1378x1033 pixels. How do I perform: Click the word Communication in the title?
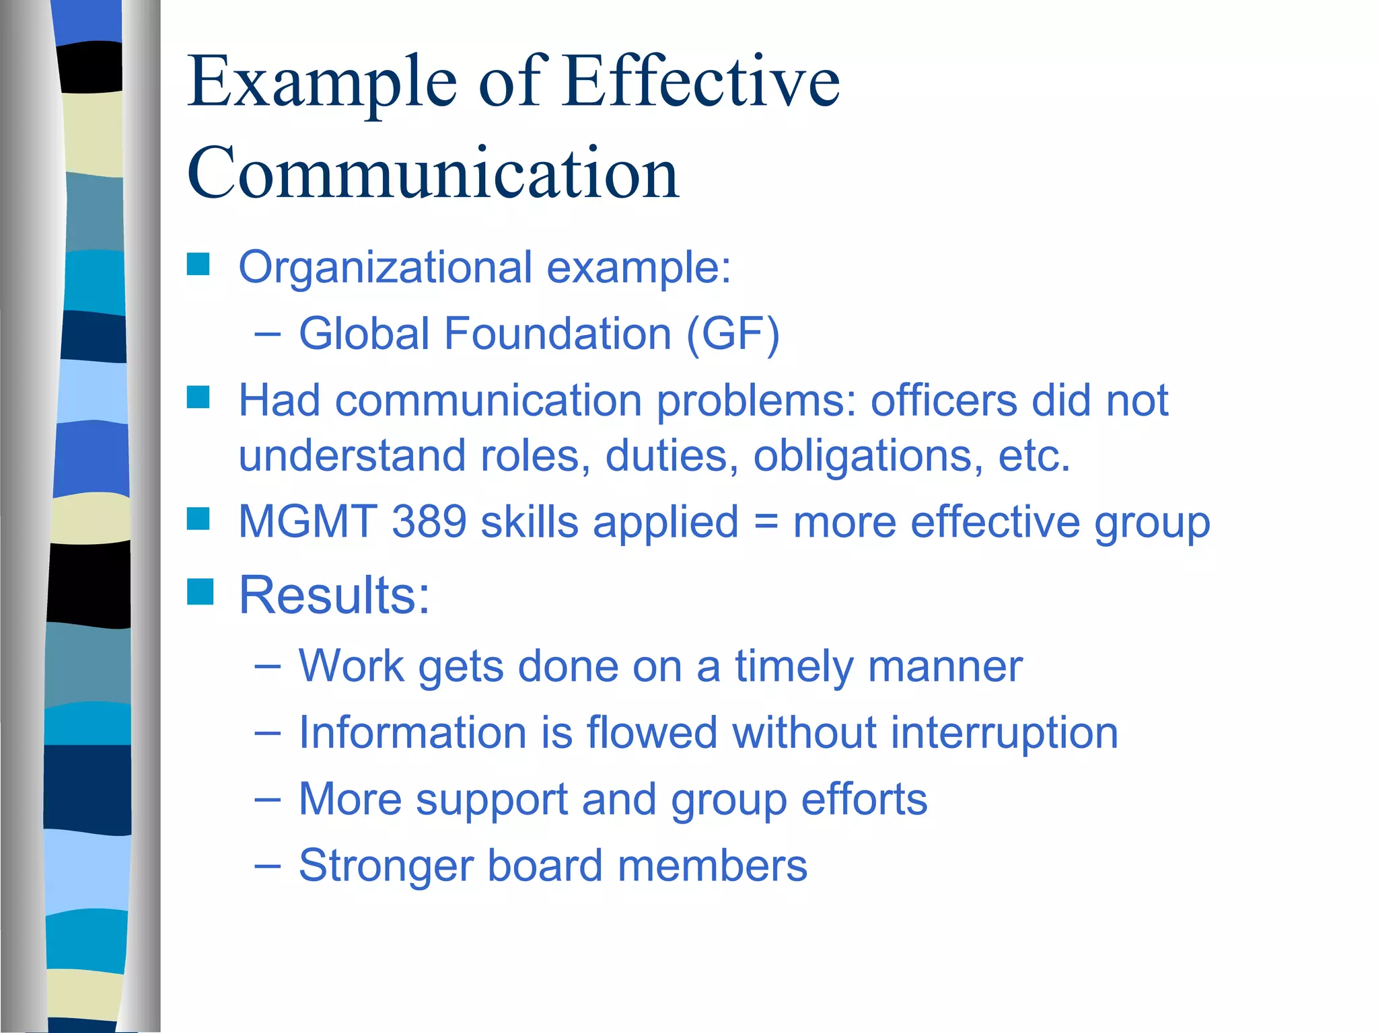[433, 174]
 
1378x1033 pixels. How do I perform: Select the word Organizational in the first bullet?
[385, 268]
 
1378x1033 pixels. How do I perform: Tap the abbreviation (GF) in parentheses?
[733, 334]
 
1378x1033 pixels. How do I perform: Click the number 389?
[429, 522]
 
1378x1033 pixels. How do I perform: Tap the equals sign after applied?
[765, 523]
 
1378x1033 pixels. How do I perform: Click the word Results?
[334, 596]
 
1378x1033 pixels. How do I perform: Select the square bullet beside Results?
[200, 592]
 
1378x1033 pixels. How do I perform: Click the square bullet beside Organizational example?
[198, 264]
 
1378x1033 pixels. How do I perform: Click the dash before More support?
[267, 799]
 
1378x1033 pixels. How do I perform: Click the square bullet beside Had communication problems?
[198, 397]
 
